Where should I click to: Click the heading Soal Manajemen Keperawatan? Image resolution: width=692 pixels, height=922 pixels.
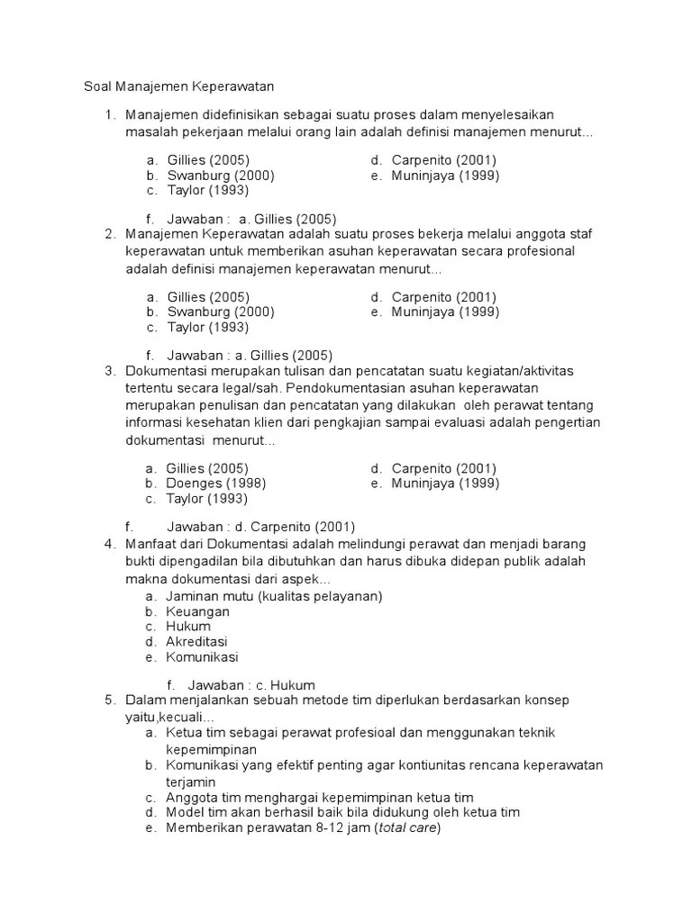pos(178,86)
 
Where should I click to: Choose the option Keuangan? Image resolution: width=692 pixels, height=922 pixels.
pos(197,611)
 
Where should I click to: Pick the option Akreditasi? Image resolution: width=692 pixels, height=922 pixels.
pos(196,642)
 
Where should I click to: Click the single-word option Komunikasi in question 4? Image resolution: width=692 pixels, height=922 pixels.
pos(202,657)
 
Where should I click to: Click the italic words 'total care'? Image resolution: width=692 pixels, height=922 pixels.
pos(406,827)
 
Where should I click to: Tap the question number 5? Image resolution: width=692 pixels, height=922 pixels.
pos(109,700)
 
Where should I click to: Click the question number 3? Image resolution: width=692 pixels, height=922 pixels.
pos(109,370)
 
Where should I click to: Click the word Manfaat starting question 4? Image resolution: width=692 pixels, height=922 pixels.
pos(152,545)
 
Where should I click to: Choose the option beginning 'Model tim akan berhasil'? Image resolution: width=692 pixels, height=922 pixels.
pos(342,812)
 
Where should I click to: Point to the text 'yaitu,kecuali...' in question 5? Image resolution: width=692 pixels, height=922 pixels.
pos(170,716)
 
